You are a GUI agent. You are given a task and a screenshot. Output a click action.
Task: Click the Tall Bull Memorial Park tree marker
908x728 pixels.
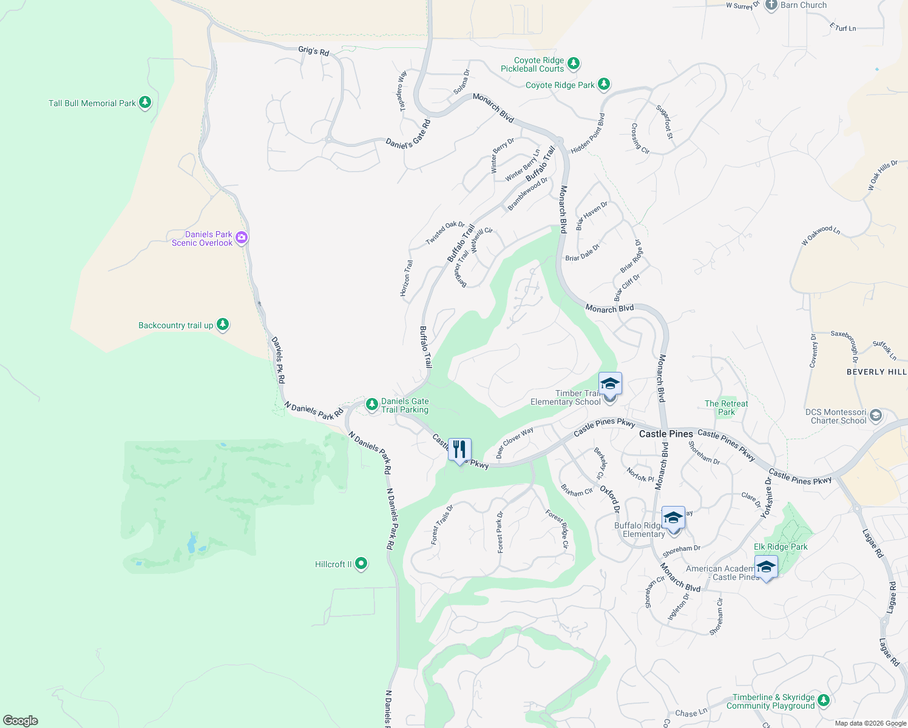144,103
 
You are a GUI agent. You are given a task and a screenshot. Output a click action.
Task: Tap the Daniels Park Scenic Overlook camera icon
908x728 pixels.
242,238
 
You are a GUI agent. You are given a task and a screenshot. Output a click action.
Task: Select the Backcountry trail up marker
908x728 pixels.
223,325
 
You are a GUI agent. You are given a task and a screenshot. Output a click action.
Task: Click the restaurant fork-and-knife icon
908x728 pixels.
459,450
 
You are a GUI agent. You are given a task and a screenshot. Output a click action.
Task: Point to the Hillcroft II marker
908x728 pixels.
361,564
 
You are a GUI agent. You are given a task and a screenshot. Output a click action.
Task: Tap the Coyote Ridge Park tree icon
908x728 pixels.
603,84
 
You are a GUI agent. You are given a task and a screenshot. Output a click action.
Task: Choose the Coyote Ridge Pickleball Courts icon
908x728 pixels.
573,64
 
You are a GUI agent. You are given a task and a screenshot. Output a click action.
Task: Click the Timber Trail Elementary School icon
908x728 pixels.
610,385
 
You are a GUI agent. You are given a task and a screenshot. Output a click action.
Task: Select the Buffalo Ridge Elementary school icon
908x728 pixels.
673,518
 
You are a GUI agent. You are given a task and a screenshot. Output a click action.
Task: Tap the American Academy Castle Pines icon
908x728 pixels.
766,568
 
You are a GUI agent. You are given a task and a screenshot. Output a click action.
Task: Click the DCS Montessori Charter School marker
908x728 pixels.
875,416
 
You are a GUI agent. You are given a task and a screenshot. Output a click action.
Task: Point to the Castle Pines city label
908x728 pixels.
666,434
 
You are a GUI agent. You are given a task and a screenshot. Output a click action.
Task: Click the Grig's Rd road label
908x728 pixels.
313,51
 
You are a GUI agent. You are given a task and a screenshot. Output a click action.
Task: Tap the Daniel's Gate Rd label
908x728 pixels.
408,134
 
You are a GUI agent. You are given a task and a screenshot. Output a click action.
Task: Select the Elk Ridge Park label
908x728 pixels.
781,547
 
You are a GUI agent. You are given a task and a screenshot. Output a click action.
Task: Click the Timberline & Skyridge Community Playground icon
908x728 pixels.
824,701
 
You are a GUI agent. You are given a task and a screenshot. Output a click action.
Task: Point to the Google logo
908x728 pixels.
21,720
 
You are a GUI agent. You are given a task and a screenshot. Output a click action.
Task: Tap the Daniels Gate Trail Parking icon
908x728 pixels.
372,405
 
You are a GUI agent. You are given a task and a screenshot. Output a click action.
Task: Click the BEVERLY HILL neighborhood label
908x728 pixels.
876,372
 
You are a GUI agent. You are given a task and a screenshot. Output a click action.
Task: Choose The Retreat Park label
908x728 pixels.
726,408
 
